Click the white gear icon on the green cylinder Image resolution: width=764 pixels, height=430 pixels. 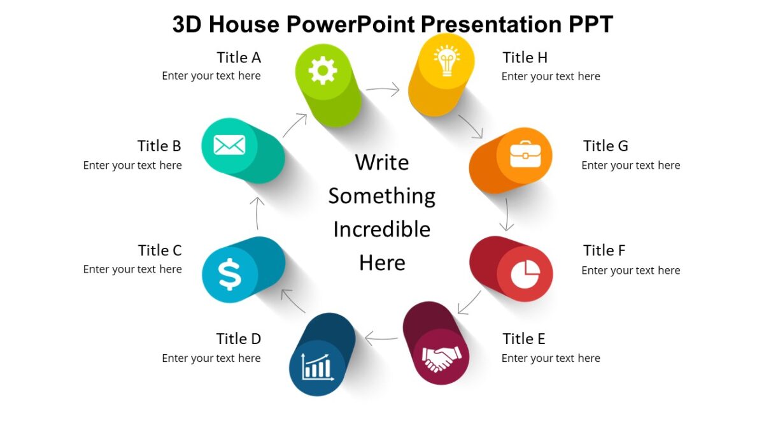click(x=323, y=70)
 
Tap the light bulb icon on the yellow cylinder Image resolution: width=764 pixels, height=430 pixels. click(x=446, y=61)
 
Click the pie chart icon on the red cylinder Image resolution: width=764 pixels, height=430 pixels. click(x=525, y=274)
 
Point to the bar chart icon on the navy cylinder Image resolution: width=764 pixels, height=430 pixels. click(x=317, y=368)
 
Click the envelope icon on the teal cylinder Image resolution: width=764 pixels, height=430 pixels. click(x=229, y=145)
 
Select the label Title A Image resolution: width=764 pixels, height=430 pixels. click(x=239, y=57)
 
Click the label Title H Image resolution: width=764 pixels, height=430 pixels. click(x=525, y=57)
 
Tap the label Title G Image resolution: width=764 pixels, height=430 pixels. click(x=605, y=146)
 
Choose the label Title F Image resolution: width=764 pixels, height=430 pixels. click(x=604, y=250)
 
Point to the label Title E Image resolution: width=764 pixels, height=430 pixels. click(x=523, y=338)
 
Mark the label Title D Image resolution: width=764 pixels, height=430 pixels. click(x=238, y=338)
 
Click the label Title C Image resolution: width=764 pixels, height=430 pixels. click(x=160, y=250)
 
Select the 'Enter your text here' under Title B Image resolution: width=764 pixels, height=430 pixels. click(x=132, y=165)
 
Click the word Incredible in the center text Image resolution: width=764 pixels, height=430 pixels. click(x=382, y=229)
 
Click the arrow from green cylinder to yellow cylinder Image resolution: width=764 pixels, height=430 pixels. click(x=383, y=90)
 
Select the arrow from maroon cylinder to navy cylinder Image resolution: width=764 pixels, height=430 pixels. click(x=381, y=338)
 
